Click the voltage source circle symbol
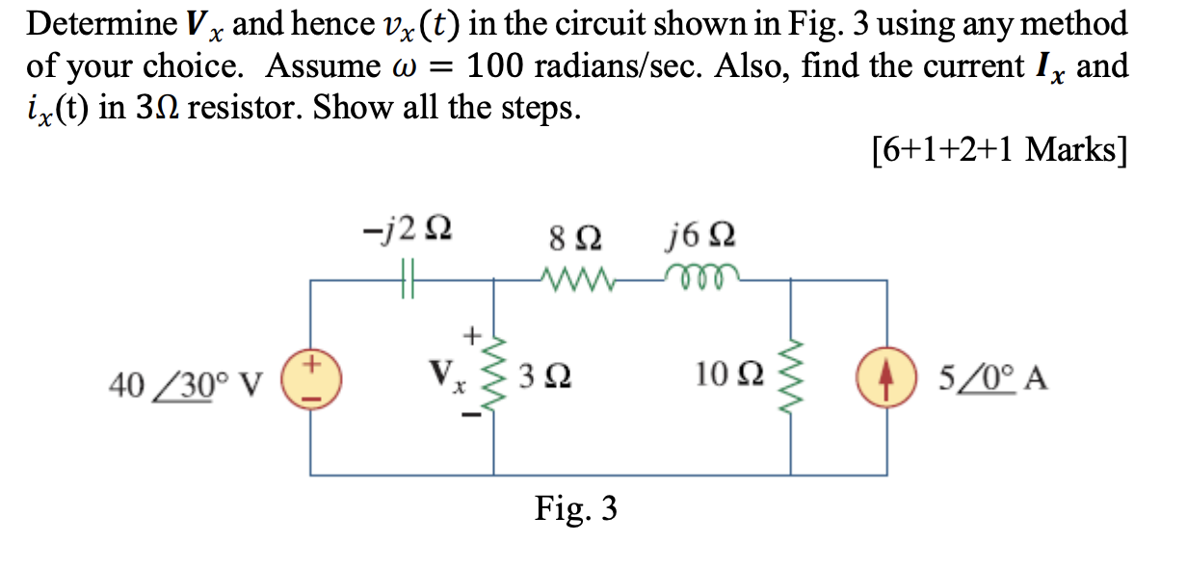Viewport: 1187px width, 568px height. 310,375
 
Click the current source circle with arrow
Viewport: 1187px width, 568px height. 886,375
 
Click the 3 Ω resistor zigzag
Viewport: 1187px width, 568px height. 498,375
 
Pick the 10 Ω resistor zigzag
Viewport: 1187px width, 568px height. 792,375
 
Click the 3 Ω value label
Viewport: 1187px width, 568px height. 542,375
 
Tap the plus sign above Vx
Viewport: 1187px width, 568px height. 472,335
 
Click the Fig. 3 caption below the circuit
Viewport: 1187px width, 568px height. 576,507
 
